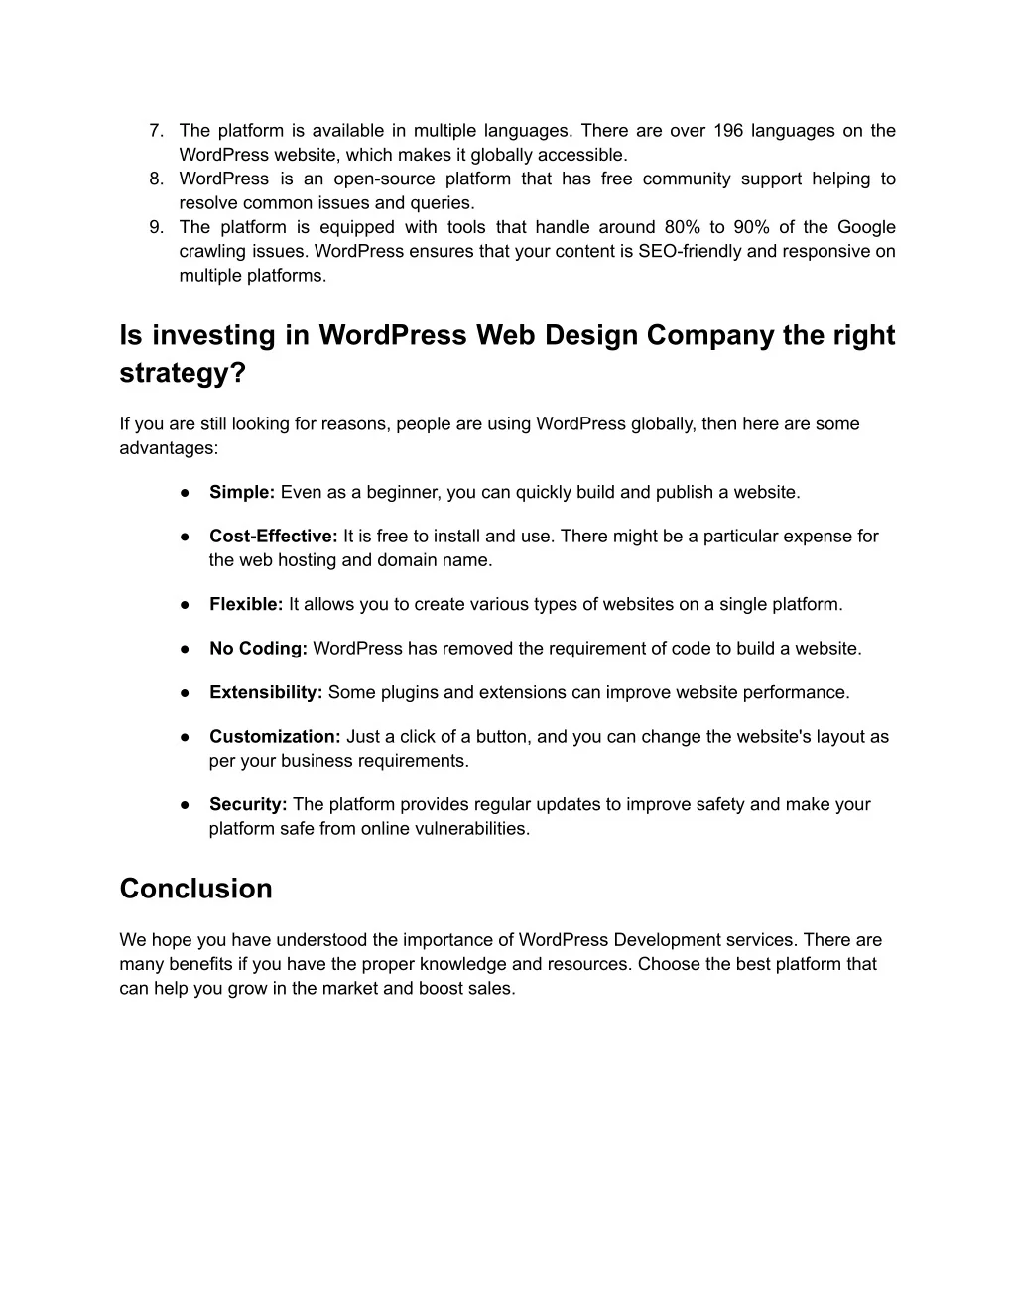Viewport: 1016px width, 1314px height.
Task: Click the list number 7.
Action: (x=155, y=131)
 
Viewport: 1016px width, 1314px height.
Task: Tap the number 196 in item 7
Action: (x=728, y=131)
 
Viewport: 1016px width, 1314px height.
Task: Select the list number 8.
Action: (x=155, y=179)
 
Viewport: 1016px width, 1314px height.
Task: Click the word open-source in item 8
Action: (x=384, y=179)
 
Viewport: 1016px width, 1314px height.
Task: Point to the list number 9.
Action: (x=155, y=228)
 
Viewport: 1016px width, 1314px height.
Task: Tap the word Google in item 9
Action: (x=866, y=228)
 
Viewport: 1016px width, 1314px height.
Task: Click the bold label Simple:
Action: (x=242, y=493)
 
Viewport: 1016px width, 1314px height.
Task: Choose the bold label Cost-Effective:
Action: (x=274, y=537)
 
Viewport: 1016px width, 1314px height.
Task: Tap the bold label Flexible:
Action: (x=246, y=605)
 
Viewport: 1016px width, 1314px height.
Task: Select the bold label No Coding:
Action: (x=258, y=649)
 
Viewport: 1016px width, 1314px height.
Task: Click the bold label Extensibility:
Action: (x=266, y=693)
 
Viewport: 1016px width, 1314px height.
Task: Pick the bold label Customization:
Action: (x=275, y=737)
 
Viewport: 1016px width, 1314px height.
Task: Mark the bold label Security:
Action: (x=248, y=805)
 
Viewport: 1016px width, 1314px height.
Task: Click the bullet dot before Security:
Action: (x=186, y=805)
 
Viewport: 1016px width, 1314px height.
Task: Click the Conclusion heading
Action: (x=195, y=889)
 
